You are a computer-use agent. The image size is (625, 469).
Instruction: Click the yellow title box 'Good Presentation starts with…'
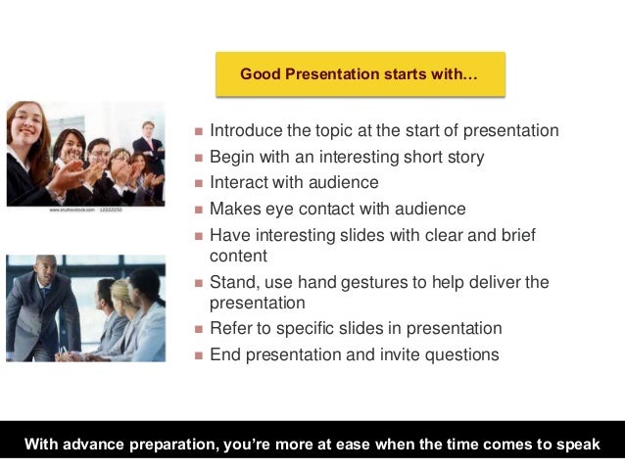[360, 74]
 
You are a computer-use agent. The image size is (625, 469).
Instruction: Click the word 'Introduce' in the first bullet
[244, 130]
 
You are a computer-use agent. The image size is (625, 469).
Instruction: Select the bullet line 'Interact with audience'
[294, 182]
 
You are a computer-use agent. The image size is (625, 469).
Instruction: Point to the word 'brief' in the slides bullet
[516, 235]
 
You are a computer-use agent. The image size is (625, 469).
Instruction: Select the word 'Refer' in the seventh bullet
[230, 329]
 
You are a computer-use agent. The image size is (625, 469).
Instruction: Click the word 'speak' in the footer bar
[576, 445]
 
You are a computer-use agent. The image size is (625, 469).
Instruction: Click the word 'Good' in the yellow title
[260, 74]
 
